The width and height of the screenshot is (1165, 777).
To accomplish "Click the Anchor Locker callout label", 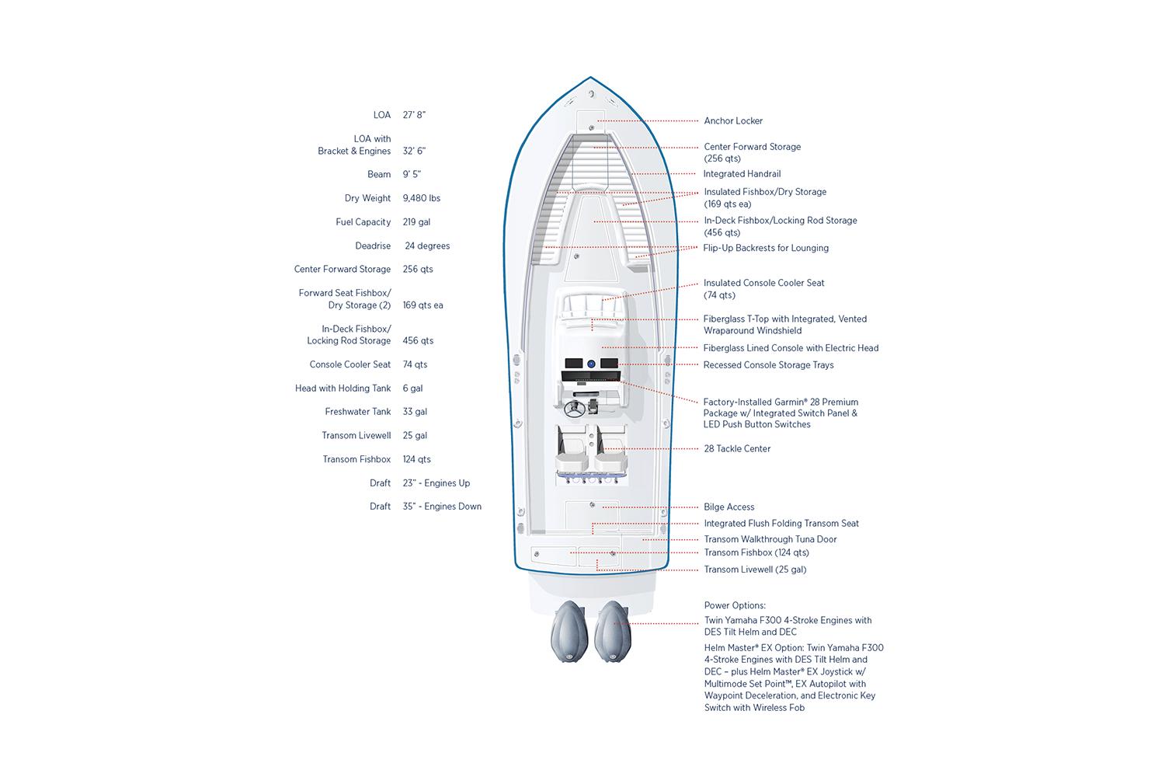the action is tap(733, 120).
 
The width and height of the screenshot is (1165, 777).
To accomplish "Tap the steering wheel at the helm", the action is tap(574, 409).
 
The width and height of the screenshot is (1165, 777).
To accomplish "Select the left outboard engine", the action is tap(569, 631).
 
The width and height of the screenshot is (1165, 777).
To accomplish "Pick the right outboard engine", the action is tap(613, 631).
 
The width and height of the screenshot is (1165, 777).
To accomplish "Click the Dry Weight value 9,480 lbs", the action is tap(421, 198).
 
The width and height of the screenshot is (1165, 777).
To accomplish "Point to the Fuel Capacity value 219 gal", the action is tap(416, 222).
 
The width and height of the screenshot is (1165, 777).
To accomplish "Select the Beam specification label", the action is tap(379, 174).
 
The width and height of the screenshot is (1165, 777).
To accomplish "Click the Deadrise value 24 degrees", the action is tap(427, 246).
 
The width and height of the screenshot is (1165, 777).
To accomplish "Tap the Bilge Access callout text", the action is tap(729, 507).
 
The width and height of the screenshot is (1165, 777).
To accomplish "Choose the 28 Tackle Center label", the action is tap(737, 448).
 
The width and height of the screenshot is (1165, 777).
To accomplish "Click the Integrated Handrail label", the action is tap(742, 174).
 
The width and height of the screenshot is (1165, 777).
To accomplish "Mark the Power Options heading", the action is tap(735, 605).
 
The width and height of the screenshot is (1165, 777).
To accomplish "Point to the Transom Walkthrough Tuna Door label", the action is tap(770, 539).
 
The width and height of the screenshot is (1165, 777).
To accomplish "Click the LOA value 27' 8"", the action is tap(414, 115).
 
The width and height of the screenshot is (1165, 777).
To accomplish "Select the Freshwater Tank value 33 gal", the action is tap(415, 412).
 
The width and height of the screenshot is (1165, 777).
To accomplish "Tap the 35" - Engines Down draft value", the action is tap(442, 507).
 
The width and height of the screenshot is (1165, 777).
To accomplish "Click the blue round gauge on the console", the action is tap(591, 364).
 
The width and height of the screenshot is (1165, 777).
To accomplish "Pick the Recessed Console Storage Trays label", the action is tap(768, 365).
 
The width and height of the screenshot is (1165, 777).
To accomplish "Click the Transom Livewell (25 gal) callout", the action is tap(755, 570).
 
